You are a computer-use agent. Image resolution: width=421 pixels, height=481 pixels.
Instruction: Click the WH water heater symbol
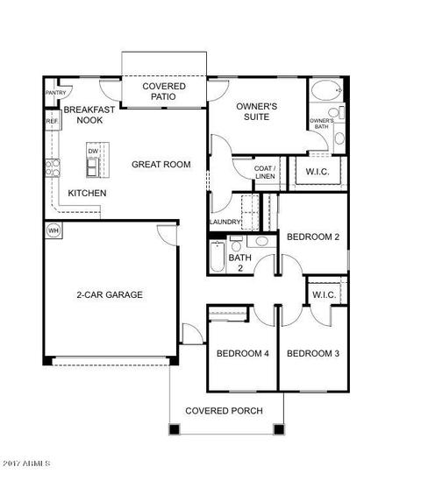click(x=54, y=230)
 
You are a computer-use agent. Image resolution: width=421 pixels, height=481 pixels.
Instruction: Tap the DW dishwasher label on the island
click(x=93, y=151)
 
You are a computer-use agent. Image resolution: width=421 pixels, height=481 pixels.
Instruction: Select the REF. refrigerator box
click(x=53, y=121)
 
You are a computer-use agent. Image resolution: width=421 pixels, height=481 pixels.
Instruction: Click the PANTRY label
click(x=56, y=92)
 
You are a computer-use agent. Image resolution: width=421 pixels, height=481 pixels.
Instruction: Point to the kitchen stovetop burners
click(x=53, y=168)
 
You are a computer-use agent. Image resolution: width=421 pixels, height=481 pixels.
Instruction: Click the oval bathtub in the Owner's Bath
click(x=326, y=90)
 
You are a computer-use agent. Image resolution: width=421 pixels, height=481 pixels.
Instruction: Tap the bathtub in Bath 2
click(x=218, y=257)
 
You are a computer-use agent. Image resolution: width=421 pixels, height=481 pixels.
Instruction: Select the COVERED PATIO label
click(x=164, y=91)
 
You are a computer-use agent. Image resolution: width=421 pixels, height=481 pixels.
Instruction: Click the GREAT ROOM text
click(x=161, y=165)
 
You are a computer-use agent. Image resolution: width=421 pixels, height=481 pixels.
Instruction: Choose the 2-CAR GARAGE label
click(x=110, y=294)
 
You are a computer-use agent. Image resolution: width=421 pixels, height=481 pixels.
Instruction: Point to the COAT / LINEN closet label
click(x=265, y=172)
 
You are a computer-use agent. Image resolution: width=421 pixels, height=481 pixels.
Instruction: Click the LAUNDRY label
click(x=225, y=222)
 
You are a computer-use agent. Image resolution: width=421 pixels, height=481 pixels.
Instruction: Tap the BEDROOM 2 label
click(x=313, y=237)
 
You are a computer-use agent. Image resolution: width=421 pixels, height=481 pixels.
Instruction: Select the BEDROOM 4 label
click(x=243, y=353)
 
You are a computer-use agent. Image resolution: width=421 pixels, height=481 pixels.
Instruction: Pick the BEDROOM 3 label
click(x=313, y=353)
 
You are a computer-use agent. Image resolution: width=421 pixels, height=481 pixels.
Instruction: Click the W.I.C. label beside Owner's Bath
click(x=318, y=172)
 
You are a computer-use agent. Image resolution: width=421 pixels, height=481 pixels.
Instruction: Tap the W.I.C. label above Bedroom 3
click(x=325, y=294)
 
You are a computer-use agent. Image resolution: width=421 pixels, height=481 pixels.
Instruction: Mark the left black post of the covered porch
click(x=175, y=428)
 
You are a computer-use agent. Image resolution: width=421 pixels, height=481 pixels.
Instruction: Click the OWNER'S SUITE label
click(x=257, y=111)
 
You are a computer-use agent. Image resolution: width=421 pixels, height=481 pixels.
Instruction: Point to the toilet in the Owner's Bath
click(x=337, y=112)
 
